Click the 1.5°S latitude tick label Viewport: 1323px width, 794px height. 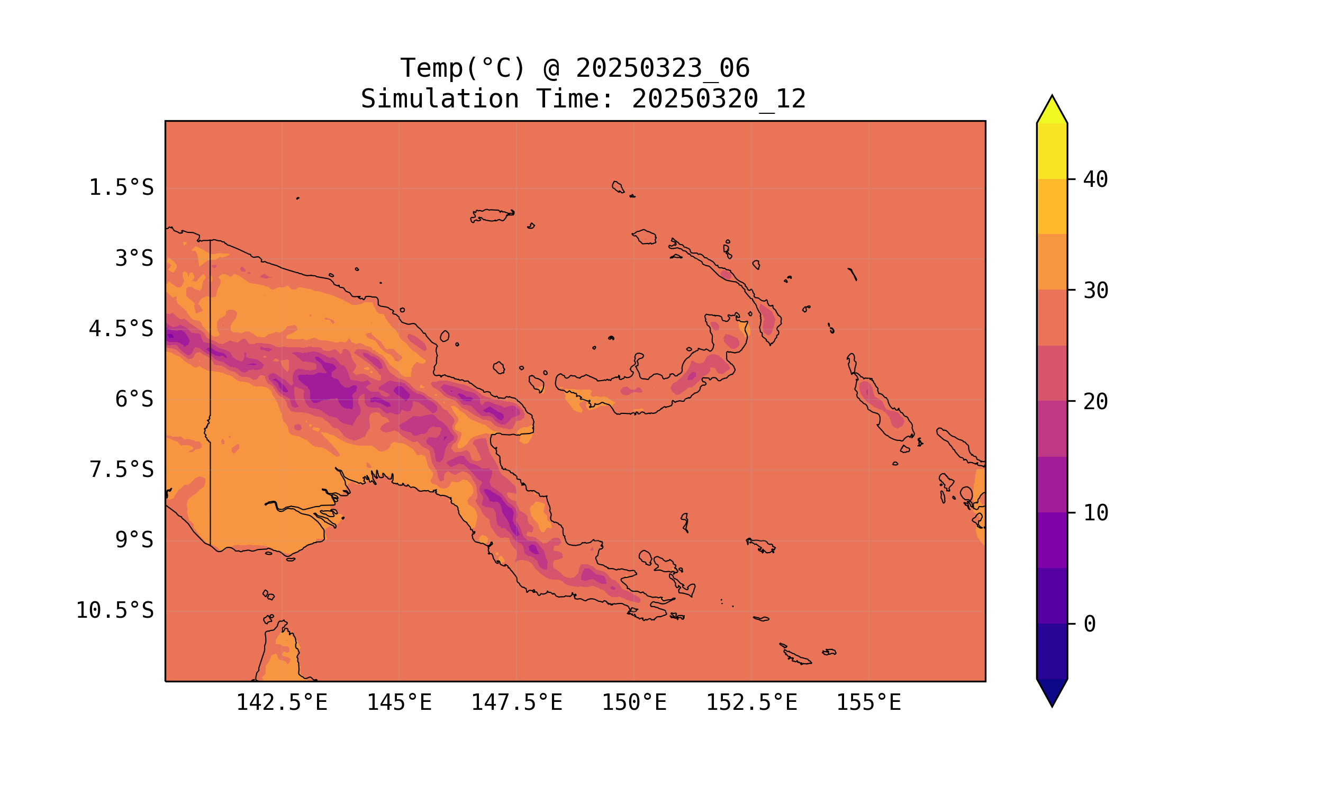[121, 188]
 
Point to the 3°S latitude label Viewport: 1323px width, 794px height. [134, 258]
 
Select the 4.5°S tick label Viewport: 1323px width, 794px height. [121, 329]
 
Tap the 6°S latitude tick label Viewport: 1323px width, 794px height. [134, 399]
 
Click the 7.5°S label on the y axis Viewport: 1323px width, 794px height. [121, 470]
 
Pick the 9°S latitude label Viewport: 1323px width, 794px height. [134, 540]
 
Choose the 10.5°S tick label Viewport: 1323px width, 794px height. [114, 610]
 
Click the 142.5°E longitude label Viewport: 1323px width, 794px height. [282, 702]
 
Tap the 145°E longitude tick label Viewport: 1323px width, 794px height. [399, 702]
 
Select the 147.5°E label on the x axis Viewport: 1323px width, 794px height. [516, 702]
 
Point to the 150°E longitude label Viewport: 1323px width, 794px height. [634, 702]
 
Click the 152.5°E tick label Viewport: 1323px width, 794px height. [751, 702]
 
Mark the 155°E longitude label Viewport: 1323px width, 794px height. [868, 702]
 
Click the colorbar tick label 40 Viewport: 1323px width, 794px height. [1095, 180]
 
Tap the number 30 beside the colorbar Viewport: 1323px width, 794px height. [1095, 291]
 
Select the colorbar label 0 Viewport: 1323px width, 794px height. [1089, 625]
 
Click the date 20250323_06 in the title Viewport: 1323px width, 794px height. [663, 68]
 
